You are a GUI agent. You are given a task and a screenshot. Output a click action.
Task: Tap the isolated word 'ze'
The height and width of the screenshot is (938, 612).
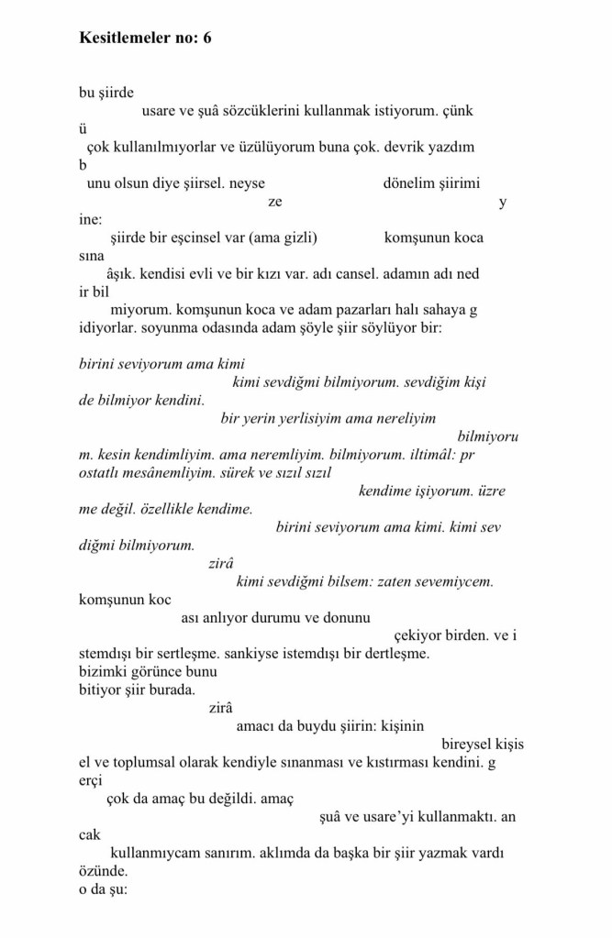(275, 202)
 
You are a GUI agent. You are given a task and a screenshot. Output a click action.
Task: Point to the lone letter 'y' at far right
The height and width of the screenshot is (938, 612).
(502, 203)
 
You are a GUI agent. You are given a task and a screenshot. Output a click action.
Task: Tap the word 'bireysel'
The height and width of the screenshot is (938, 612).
(469, 744)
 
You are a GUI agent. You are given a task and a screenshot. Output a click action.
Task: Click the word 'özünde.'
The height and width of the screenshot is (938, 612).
(104, 870)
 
